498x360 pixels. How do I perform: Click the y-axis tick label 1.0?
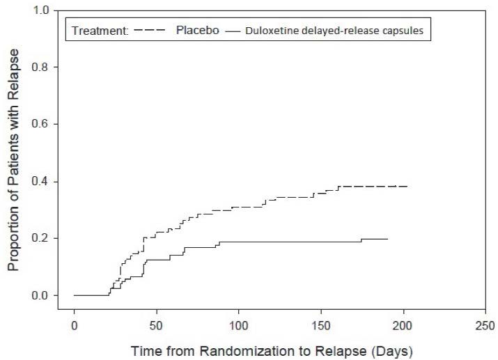click(x=40, y=11)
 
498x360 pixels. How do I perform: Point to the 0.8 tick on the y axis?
click(x=40, y=68)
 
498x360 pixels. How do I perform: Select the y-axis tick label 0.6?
click(x=40, y=125)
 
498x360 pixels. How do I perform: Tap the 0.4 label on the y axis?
click(x=40, y=182)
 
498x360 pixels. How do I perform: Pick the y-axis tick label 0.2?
click(x=40, y=239)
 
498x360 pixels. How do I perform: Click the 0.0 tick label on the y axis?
click(x=40, y=296)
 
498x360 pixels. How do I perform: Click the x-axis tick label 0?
click(x=74, y=324)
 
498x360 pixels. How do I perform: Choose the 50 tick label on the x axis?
click(x=156, y=324)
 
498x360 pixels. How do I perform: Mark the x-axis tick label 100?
click(x=239, y=324)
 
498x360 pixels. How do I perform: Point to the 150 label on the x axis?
click(x=321, y=324)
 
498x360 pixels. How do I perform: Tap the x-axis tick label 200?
click(x=403, y=324)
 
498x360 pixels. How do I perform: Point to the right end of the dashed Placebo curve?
click(x=407, y=187)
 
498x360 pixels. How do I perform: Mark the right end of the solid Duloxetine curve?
click(x=387, y=239)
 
